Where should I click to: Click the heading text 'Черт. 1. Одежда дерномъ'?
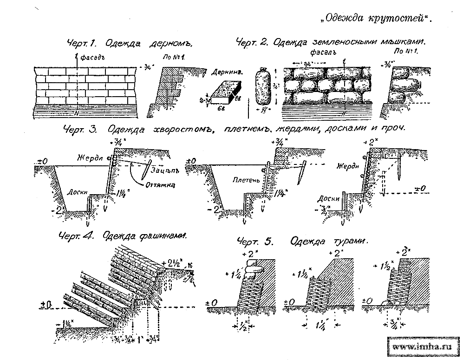[129, 44]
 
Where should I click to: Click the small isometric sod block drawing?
[226, 91]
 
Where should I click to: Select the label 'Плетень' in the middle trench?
[243, 179]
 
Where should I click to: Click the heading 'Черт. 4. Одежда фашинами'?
[123, 236]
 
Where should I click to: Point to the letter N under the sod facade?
[78, 113]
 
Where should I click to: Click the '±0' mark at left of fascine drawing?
[45, 305]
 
